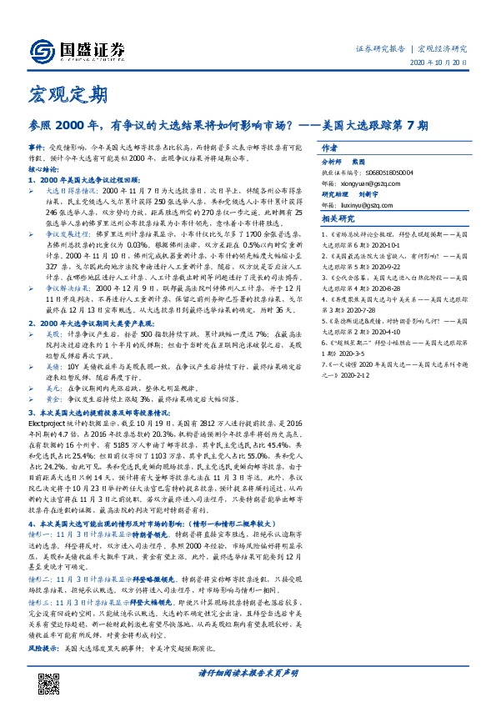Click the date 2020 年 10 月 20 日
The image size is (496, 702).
tap(443, 63)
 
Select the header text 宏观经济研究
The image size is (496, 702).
tap(443, 48)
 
